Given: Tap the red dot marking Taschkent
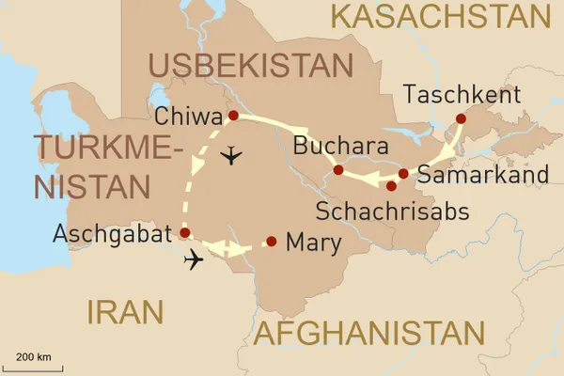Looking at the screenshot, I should click(x=461, y=118).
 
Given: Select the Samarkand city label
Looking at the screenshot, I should click(x=482, y=175).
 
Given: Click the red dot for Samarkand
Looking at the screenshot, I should click(x=403, y=174).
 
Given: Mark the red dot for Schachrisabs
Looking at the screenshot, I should click(x=391, y=185).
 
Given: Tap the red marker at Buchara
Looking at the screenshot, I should click(x=337, y=170).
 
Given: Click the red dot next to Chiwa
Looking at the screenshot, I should click(x=232, y=116).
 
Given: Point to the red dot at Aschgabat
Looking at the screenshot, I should click(x=184, y=232).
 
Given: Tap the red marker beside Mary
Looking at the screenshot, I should click(x=272, y=242).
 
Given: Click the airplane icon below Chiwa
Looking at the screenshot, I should click(x=228, y=156).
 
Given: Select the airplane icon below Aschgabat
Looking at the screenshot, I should click(x=195, y=259).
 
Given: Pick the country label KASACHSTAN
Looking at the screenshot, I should click(x=441, y=16).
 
